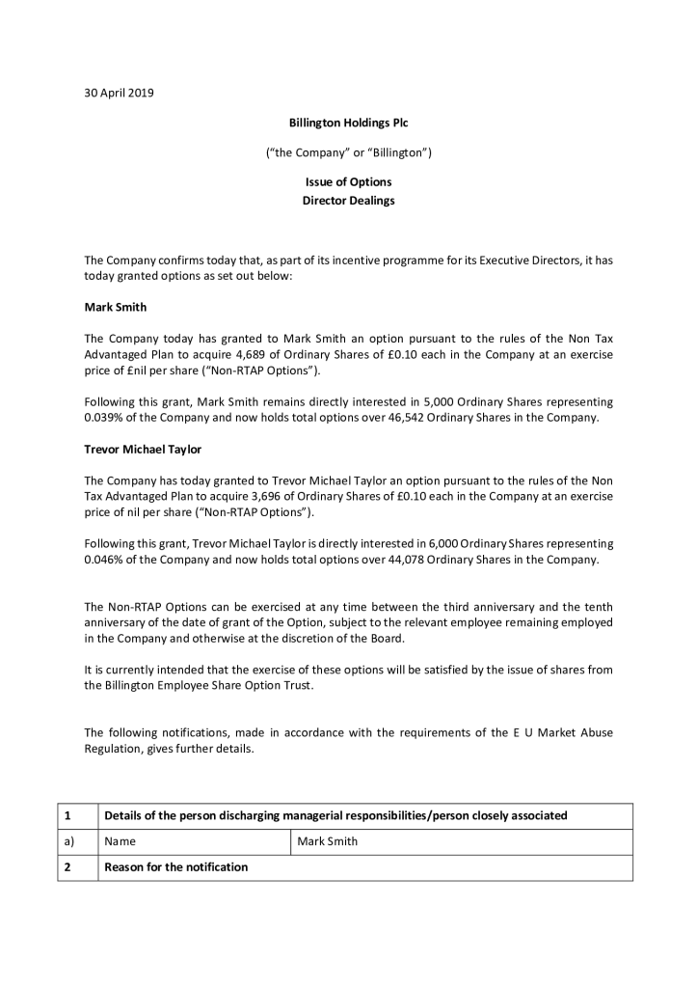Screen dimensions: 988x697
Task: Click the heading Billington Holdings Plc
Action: point(348,123)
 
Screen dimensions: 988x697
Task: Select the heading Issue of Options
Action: point(348,182)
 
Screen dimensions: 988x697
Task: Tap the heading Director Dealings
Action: point(348,201)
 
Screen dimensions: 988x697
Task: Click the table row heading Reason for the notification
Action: point(175,867)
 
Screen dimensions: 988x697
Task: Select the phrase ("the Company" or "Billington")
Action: point(348,153)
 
